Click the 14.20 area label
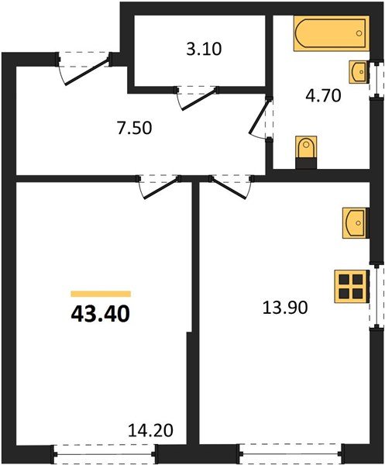(x=151, y=429)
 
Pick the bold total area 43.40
(x=100, y=315)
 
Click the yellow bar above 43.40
(x=101, y=294)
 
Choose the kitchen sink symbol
(x=356, y=222)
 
